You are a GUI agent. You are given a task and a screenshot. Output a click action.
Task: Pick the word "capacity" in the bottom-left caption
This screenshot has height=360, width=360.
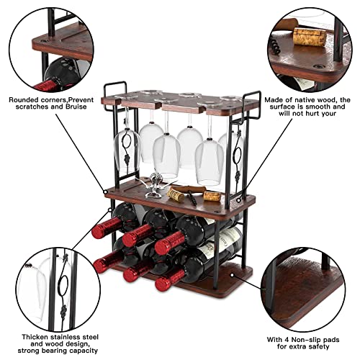85,334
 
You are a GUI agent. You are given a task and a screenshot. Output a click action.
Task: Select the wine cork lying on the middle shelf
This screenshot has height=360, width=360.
211,195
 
